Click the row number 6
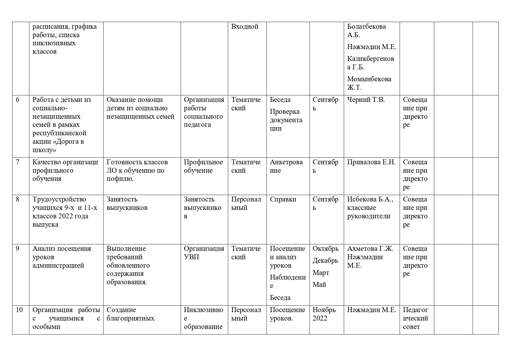(x=18, y=100)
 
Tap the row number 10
(x=19, y=310)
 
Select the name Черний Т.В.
(x=366, y=100)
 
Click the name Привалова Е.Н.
(x=371, y=162)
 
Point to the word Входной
(x=245, y=27)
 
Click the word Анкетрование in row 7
(x=286, y=166)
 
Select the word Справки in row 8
(x=283, y=199)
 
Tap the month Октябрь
(x=325, y=249)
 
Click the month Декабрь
(x=325, y=261)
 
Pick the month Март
(x=321, y=273)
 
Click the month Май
(x=319, y=285)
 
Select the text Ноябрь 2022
(x=324, y=314)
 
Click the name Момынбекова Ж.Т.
(x=369, y=83)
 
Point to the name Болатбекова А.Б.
(x=366, y=30)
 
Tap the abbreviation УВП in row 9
(x=191, y=257)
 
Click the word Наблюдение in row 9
(x=287, y=281)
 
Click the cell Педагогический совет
(x=415, y=318)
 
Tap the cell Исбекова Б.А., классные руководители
(x=370, y=208)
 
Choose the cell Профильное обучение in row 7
(x=203, y=166)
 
